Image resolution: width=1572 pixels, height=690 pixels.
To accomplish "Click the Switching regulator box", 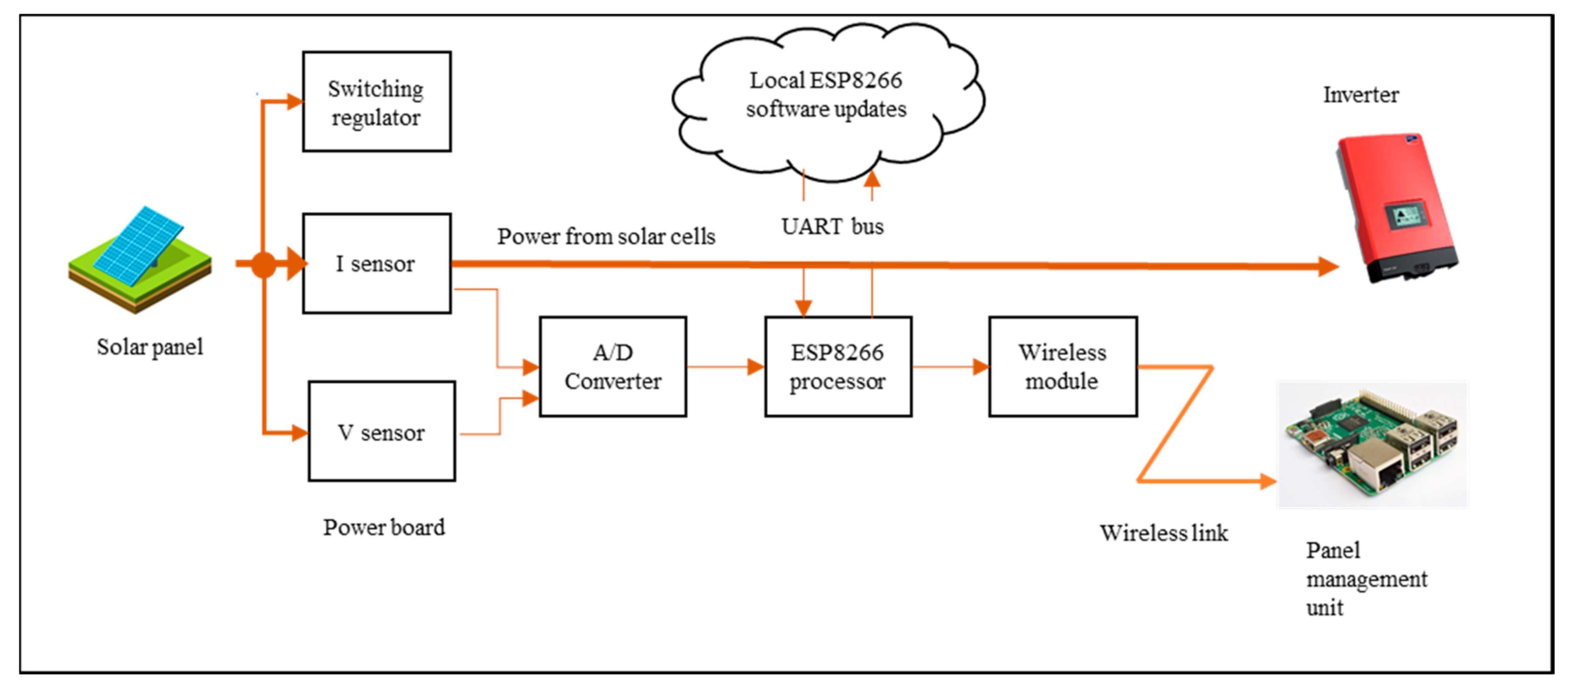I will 376,101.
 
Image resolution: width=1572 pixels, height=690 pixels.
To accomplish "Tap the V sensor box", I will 381,431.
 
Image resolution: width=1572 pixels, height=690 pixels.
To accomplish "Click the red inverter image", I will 1398,207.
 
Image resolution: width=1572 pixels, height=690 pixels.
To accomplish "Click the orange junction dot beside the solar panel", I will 263,265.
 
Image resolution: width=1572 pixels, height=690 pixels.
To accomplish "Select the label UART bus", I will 832,226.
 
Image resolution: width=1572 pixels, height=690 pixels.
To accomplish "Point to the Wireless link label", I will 1163,533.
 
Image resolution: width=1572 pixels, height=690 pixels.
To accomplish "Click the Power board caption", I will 384,527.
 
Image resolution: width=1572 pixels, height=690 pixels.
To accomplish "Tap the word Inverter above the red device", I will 1360,95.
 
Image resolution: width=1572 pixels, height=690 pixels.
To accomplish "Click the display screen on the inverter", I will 1406,216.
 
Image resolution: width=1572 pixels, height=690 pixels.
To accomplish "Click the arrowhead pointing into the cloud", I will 872,178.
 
